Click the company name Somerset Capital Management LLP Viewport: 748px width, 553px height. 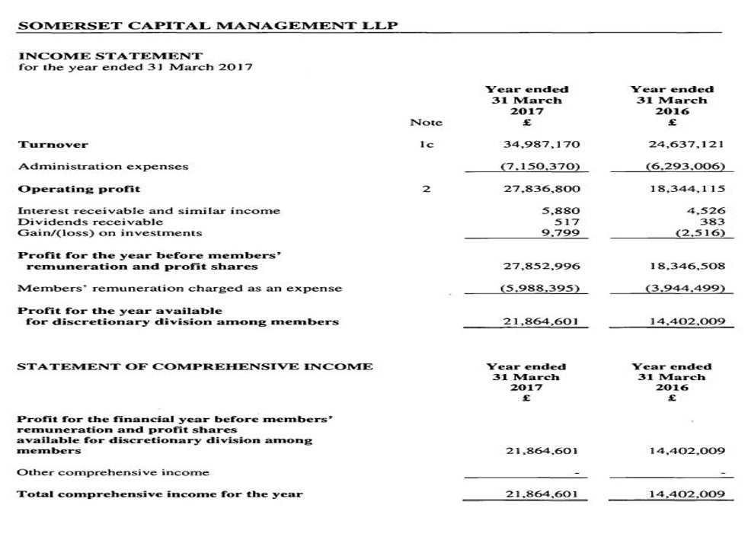tap(207, 25)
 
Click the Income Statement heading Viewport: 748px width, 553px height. tap(110, 56)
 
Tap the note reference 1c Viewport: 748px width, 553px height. tap(427, 144)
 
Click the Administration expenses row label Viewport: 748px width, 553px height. tap(103, 166)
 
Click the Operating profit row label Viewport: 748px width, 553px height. tap(79, 188)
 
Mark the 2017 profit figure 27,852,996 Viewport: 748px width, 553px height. tap(542, 267)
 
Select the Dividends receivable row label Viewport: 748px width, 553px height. tap(91, 222)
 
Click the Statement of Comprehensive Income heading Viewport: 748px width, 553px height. tap(195, 366)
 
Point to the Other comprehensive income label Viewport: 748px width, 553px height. tap(113, 472)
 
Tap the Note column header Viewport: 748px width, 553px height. tap(426, 122)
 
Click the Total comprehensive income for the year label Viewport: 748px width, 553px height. tap(160, 494)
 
